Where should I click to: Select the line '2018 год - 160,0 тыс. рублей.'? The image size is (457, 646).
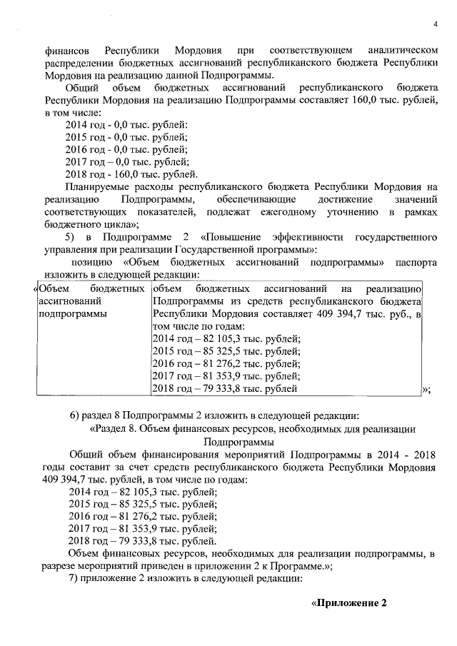click(131, 173)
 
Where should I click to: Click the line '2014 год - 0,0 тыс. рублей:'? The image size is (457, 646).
click(126, 124)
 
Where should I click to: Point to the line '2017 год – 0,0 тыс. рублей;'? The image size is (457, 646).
click(126, 161)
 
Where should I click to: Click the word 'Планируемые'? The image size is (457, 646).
click(98, 186)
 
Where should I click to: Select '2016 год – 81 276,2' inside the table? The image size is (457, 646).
click(196, 363)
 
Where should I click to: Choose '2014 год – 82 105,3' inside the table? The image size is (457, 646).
click(196, 338)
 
